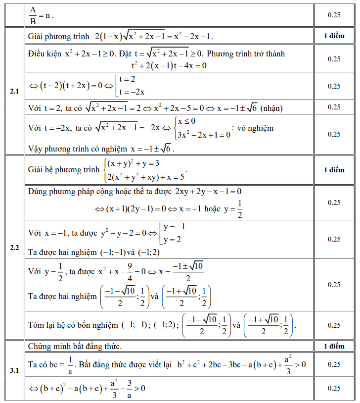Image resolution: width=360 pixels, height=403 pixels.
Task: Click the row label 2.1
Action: (x=14, y=92)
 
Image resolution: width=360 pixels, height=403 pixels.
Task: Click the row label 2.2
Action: (x=14, y=248)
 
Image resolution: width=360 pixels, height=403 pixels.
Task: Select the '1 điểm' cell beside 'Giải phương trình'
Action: (x=334, y=36)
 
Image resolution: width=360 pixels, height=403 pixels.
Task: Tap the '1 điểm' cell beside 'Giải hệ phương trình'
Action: (x=334, y=170)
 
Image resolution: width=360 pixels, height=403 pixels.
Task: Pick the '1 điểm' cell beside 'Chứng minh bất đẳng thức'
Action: (x=334, y=346)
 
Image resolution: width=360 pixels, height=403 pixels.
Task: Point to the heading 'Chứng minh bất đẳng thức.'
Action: (x=75, y=346)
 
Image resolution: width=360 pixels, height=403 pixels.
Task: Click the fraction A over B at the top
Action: (x=33, y=15)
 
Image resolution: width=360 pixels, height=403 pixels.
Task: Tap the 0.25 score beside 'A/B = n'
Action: (x=334, y=15)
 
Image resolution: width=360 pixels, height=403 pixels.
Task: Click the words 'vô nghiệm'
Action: (x=255, y=128)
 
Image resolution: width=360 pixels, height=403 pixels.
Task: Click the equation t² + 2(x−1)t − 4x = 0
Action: (x=169, y=65)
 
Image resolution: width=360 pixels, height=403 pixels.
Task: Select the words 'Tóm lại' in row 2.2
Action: (x=42, y=325)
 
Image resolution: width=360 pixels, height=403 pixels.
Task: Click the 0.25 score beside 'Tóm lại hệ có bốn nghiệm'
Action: (x=334, y=325)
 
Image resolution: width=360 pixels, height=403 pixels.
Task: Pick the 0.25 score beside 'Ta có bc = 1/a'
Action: (x=334, y=364)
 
